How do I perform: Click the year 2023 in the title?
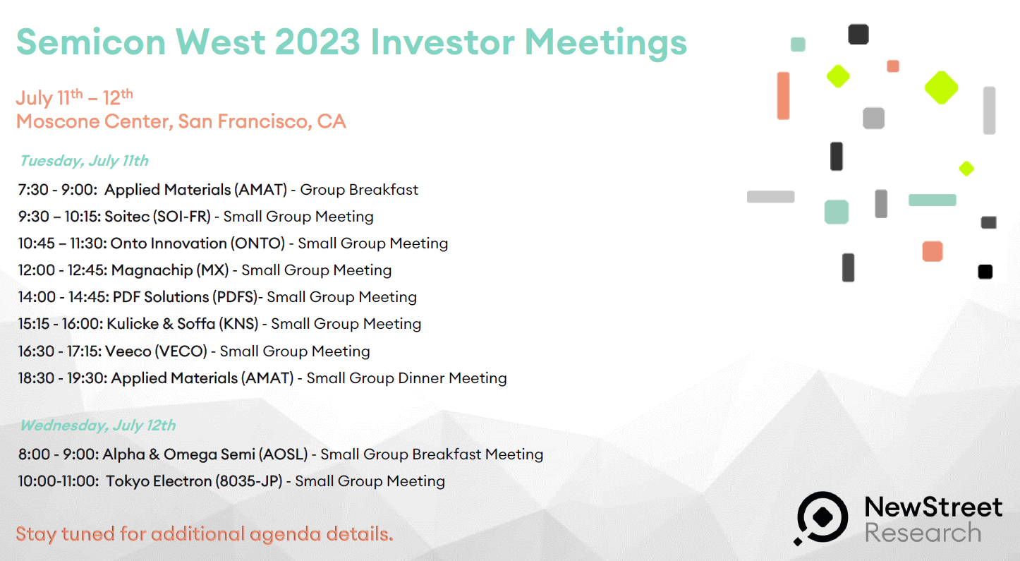(x=317, y=42)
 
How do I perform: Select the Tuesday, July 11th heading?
(x=84, y=161)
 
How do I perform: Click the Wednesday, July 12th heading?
(x=98, y=426)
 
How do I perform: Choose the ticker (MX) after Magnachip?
(x=212, y=270)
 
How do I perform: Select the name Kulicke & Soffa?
(x=161, y=324)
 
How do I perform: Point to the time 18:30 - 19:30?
(x=63, y=378)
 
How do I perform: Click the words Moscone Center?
(x=95, y=121)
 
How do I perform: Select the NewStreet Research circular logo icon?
(x=822, y=517)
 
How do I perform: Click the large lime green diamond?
(x=941, y=88)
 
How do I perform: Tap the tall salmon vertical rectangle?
(x=783, y=96)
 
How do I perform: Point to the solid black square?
(x=985, y=272)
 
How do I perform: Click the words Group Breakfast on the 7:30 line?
(x=359, y=189)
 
